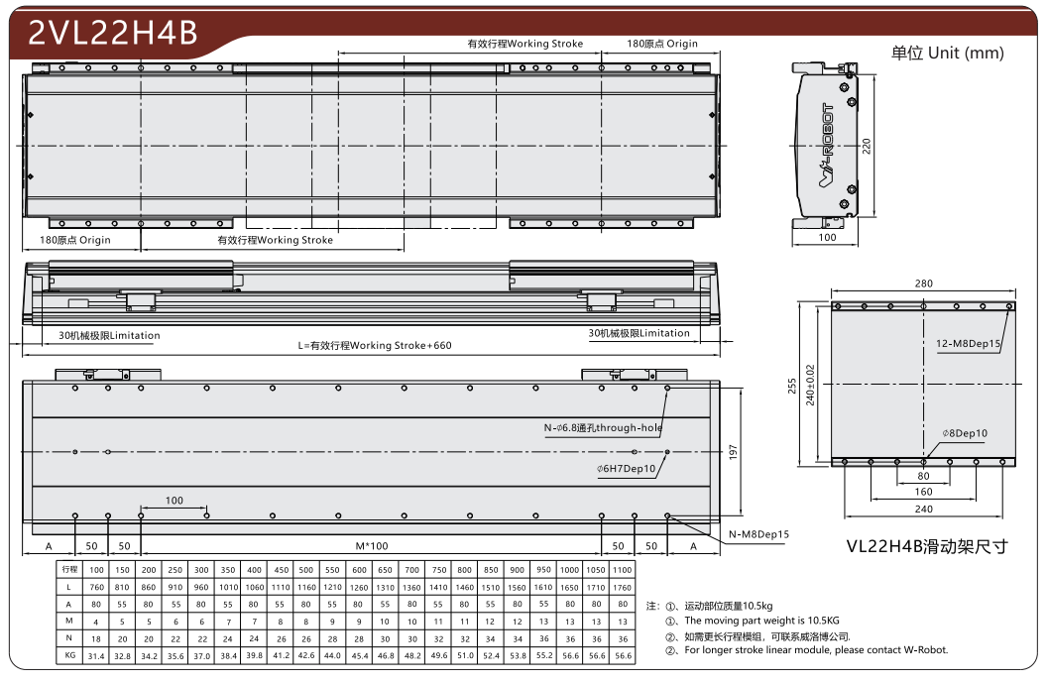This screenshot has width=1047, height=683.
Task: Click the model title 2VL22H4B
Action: click(113, 32)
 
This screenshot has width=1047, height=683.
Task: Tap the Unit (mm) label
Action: click(966, 53)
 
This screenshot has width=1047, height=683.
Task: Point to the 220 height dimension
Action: click(867, 146)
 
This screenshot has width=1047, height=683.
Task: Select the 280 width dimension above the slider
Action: click(923, 284)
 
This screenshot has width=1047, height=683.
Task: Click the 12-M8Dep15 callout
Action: click(969, 343)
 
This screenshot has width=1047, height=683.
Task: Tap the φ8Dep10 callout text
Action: click(965, 433)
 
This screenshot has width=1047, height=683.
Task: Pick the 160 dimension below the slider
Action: click(923, 492)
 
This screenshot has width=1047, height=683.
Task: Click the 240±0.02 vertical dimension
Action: click(810, 385)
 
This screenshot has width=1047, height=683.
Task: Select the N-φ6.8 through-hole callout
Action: click(603, 428)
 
